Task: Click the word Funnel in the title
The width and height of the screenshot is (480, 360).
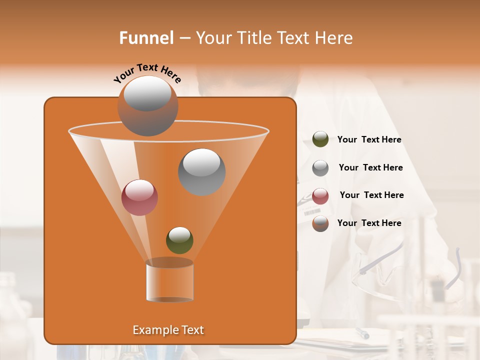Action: tap(146, 38)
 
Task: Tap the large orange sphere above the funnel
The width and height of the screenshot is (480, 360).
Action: tap(147, 106)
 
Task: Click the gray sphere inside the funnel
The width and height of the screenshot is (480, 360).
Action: tap(201, 172)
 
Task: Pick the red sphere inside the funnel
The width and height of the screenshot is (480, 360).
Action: tap(139, 197)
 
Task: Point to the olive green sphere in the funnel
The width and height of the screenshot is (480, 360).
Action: tap(179, 240)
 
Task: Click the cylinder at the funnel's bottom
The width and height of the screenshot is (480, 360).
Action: tap(169, 281)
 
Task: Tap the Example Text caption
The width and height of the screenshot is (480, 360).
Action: tap(168, 330)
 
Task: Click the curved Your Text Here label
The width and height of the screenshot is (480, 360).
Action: tap(147, 73)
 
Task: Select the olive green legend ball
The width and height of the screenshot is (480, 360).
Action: tap(320, 139)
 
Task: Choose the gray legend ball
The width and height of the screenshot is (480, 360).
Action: tap(320, 168)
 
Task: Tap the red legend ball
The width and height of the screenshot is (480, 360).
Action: tap(320, 196)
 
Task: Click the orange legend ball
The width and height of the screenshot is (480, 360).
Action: tap(320, 223)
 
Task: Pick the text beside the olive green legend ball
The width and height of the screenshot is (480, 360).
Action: tap(369, 140)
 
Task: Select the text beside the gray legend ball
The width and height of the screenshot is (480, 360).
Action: tap(370, 167)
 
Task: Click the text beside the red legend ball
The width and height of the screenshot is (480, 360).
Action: tap(371, 195)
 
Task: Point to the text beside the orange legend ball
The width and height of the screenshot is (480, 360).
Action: tap(369, 223)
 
